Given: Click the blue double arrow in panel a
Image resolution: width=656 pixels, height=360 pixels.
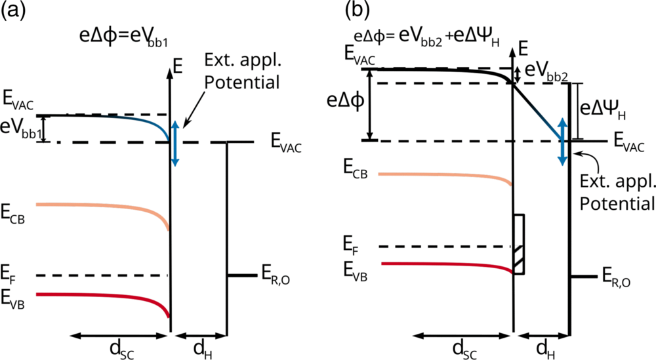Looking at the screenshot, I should pos(174,143).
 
